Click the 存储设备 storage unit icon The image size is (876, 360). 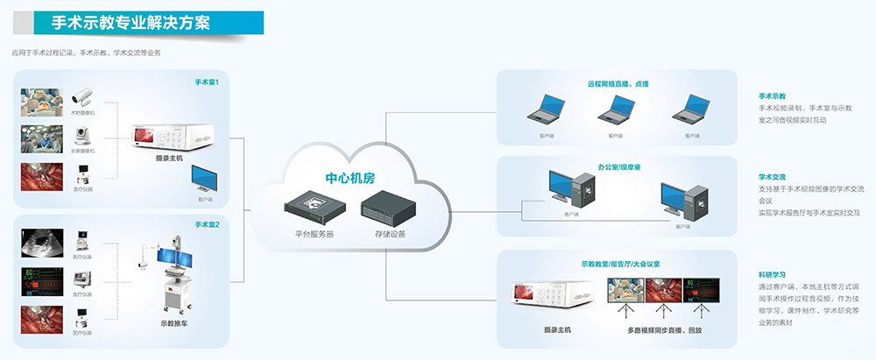point(383,211)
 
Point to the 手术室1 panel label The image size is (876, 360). point(207,82)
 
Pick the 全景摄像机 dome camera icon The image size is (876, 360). point(84,136)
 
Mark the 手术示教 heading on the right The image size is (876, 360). point(772,95)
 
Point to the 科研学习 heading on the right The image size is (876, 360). point(772,273)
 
